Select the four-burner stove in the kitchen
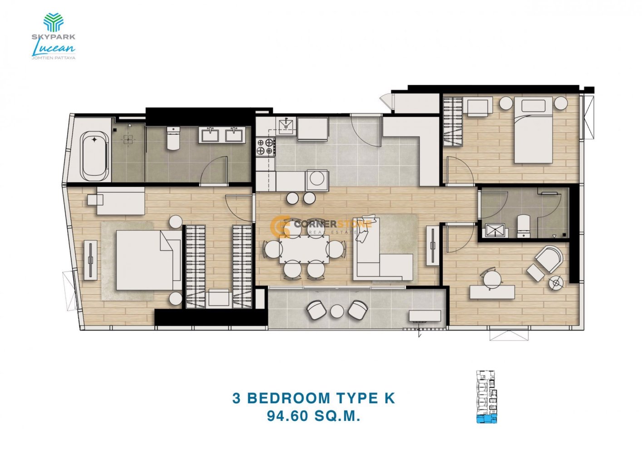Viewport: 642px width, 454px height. pos(266,147)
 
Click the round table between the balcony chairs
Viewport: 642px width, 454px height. pos(337,311)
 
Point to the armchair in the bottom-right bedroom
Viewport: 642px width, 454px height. pos(549,259)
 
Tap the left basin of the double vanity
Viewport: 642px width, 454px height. pos(210,134)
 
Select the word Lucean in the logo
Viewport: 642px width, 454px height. pos(54,48)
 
